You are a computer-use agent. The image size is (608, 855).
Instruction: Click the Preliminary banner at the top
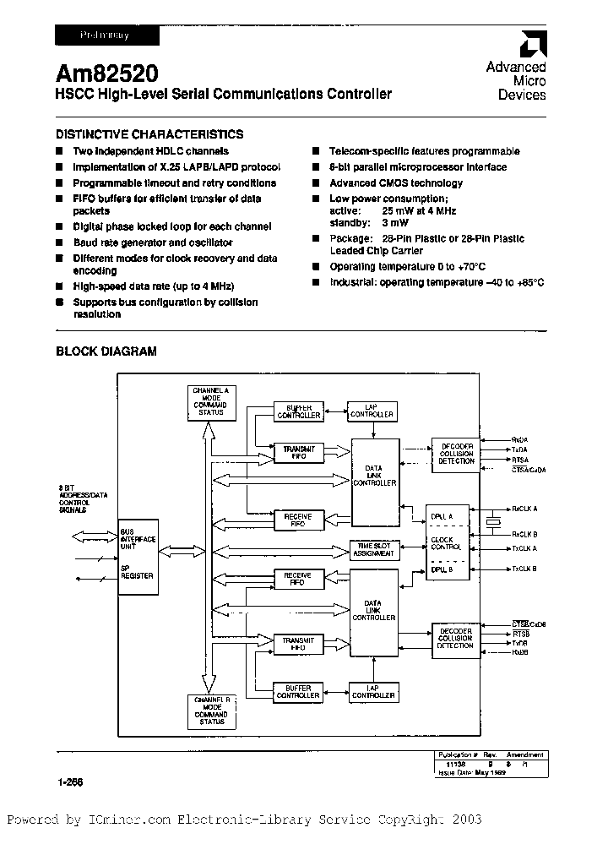click(x=106, y=35)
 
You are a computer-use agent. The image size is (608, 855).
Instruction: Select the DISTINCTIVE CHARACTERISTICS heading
click(x=149, y=134)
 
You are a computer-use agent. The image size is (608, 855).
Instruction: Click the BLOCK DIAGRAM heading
click(x=106, y=351)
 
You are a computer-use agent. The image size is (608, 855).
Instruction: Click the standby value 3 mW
click(x=394, y=223)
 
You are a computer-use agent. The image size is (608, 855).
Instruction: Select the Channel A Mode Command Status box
click(x=211, y=401)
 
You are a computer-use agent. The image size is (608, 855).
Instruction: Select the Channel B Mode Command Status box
click(x=211, y=711)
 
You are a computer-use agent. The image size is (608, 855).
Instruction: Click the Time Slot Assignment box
click(x=372, y=549)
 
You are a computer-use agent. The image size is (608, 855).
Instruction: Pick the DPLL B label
click(x=441, y=570)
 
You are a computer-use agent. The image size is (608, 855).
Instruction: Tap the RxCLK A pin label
click(x=524, y=509)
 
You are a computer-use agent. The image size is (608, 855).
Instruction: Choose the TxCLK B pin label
click(x=524, y=569)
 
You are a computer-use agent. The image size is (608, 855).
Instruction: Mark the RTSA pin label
click(x=520, y=460)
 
